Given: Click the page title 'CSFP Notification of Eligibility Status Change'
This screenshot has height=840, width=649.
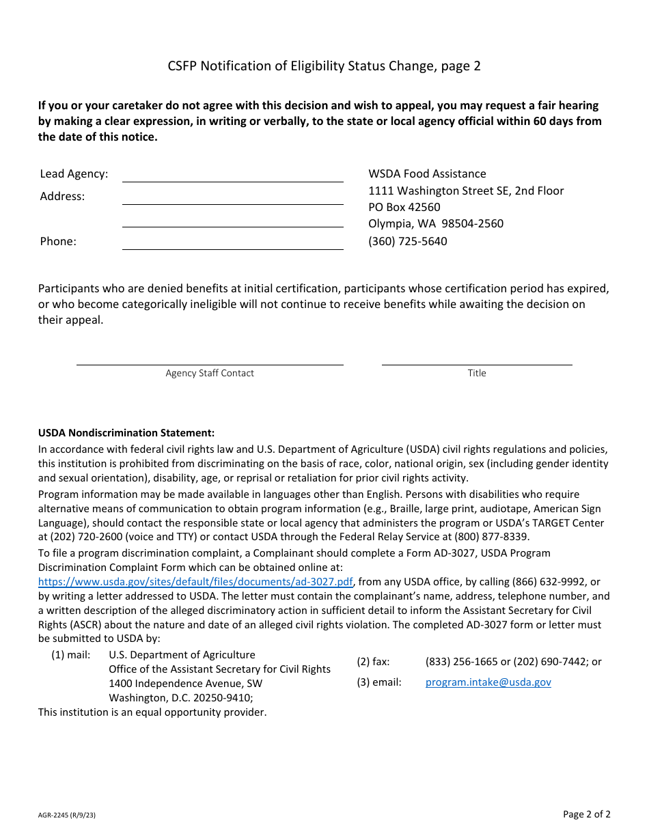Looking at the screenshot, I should coord(324,66).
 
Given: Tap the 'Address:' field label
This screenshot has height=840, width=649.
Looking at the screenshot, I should coord(62,197).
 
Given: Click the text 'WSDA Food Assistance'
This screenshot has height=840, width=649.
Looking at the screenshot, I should coord(427,174).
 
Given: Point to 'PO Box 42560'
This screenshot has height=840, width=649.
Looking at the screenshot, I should coord(404,207).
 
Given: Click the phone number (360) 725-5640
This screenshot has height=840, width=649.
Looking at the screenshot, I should coord(408,241).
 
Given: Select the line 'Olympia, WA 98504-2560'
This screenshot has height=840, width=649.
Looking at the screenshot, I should coord(436,224).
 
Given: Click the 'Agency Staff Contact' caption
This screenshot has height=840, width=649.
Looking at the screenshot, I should coord(210,374).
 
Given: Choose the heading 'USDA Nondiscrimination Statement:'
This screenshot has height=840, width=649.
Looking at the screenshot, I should coord(126,433).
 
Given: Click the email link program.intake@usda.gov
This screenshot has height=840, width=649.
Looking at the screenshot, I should coord(488,682).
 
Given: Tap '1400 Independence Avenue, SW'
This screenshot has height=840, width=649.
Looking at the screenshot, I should coord(185,684).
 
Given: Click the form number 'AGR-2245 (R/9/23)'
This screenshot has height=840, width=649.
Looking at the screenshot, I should coord(67,815).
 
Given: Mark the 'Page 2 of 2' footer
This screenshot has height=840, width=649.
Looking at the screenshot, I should coord(586,814).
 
